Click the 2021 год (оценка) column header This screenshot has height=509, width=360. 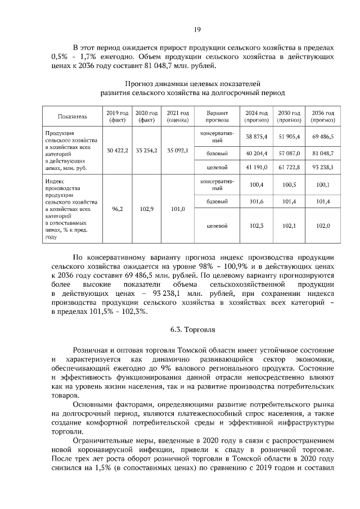(178, 116)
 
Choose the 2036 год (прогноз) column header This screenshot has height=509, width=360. (323, 116)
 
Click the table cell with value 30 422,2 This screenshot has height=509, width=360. (118, 151)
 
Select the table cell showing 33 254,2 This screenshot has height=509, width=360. (147, 151)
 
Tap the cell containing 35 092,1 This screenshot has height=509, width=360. (178, 151)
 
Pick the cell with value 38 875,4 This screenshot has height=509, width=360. (257, 137)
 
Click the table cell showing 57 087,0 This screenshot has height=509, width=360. (291, 152)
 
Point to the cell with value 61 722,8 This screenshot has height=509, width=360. (291, 167)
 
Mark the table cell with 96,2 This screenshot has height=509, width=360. (118, 209)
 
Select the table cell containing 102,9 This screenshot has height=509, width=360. (147, 209)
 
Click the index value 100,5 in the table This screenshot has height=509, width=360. (291, 184)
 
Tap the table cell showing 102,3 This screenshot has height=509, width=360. (257, 226)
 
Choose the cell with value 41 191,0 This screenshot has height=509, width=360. (257, 167)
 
